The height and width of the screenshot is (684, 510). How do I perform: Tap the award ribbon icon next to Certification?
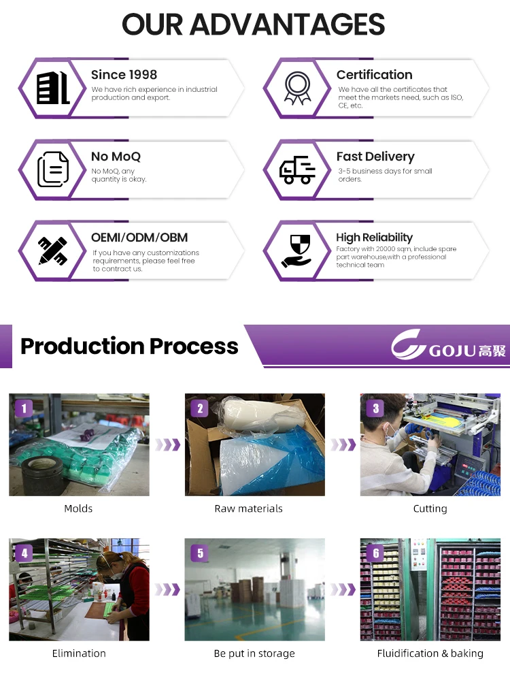click(x=297, y=88)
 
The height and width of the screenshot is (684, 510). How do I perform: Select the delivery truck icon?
click(x=297, y=169)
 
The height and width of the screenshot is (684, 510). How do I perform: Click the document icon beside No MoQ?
click(x=53, y=169)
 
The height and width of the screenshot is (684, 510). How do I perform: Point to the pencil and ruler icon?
click(x=52, y=250)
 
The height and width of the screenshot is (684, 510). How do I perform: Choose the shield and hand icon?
click(x=297, y=250)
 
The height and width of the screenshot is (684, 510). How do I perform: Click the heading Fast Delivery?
click(x=375, y=157)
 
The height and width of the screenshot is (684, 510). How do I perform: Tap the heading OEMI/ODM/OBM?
click(x=139, y=238)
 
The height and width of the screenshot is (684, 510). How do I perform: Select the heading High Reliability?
click(x=374, y=238)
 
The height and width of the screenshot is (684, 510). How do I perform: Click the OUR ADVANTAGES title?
click(x=254, y=25)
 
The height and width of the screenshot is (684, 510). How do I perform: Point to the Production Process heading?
click(x=129, y=346)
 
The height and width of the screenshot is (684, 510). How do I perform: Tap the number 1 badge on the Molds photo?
click(x=24, y=408)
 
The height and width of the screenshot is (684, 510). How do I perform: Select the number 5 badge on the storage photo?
click(x=200, y=553)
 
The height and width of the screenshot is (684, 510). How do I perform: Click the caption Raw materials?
click(x=248, y=508)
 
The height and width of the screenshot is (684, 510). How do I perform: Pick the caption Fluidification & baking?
click(x=430, y=653)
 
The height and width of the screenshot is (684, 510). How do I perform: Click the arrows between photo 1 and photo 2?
click(x=167, y=445)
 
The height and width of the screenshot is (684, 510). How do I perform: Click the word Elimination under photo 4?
click(x=79, y=653)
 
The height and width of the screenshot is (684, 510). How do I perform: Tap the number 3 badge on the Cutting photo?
click(x=375, y=408)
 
